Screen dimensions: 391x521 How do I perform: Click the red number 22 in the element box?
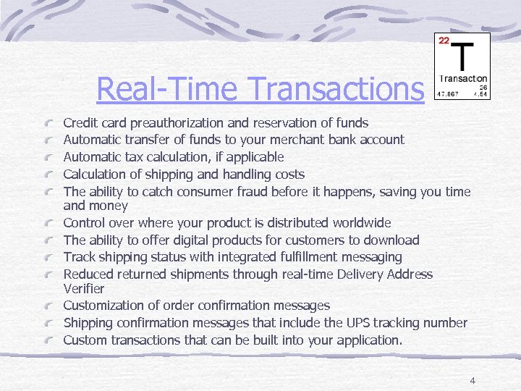pyautogui.click(x=444, y=40)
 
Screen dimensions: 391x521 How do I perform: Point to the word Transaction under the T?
pyautogui.click(x=463, y=79)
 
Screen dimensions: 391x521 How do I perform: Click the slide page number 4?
pyautogui.click(x=472, y=381)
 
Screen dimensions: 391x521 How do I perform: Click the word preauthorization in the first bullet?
pyautogui.click(x=184, y=123)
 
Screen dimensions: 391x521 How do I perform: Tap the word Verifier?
pyautogui.click(x=84, y=289)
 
